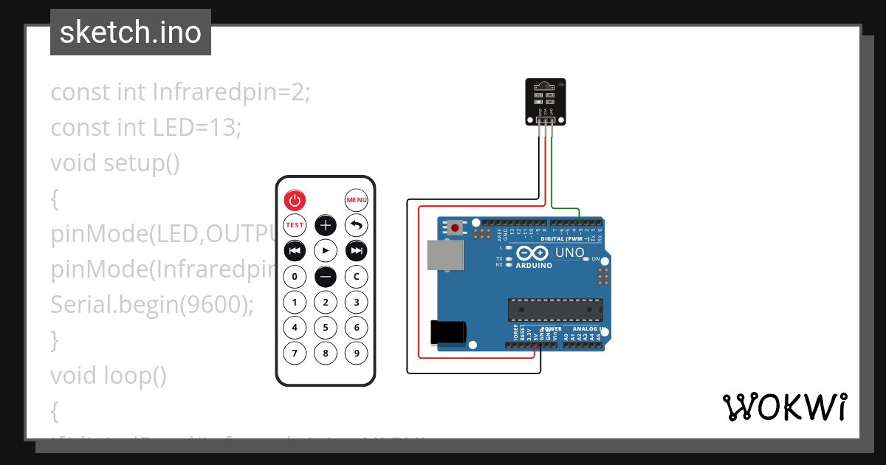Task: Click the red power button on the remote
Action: [x=295, y=200]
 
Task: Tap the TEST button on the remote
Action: [x=295, y=225]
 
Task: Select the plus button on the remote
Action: [x=326, y=225]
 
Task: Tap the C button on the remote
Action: [x=357, y=277]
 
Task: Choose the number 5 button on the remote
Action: [x=326, y=327]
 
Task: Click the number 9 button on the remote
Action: [x=357, y=353]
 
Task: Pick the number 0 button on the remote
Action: [x=295, y=277]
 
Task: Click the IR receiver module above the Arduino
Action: [x=544, y=102]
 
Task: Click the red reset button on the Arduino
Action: [x=455, y=228]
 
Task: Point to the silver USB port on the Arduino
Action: [x=445, y=256]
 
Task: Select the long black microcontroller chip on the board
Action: [x=554, y=310]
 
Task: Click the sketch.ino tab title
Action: [x=131, y=32]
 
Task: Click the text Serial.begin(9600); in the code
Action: [x=152, y=304]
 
